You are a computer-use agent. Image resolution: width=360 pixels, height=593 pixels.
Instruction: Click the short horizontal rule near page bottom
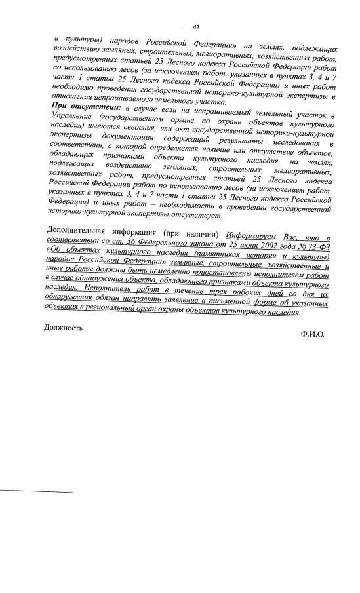pyautogui.click(x=35, y=491)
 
